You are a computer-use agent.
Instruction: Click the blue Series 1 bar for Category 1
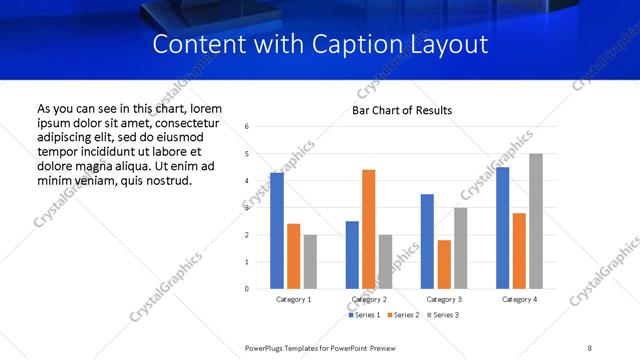click(277, 231)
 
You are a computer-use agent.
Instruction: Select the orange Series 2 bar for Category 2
click(368, 229)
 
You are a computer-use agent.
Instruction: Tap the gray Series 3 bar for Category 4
click(536, 221)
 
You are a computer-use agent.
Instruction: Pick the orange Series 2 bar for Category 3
click(444, 264)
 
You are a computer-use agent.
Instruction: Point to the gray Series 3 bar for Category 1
click(310, 262)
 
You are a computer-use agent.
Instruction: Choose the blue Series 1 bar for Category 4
click(502, 228)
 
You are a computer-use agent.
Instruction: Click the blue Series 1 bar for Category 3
click(427, 241)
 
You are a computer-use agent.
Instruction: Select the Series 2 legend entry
click(405, 315)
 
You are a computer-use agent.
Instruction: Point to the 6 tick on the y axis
click(246, 126)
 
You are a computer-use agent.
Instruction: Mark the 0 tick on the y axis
click(246, 289)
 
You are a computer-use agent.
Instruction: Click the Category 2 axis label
click(369, 299)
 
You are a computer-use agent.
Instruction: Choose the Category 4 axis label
click(519, 299)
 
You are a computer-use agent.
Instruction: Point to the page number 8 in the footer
click(589, 347)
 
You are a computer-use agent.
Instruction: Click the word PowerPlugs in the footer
click(266, 347)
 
